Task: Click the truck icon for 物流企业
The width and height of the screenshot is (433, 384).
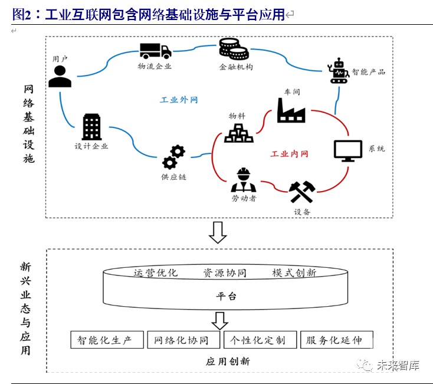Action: tap(156, 51)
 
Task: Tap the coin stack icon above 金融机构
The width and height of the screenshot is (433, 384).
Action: tap(234, 49)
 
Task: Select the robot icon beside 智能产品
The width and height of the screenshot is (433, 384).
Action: tap(338, 71)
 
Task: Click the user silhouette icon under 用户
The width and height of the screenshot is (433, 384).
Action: tap(60, 77)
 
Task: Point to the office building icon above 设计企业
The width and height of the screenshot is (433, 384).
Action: tap(91, 127)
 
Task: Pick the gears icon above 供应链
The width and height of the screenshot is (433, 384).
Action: tap(173, 157)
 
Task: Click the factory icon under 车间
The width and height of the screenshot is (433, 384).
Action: tap(291, 110)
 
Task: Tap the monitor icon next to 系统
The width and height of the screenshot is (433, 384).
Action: tap(348, 151)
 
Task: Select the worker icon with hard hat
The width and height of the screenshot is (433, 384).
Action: tap(244, 180)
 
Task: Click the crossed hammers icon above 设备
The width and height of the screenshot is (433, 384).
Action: tap(302, 192)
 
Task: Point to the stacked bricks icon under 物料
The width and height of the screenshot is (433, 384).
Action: tap(238, 133)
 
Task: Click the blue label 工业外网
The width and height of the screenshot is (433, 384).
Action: tap(179, 100)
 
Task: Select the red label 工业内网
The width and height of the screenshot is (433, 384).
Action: tap(289, 154)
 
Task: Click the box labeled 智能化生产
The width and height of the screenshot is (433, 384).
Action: tap(107, 340)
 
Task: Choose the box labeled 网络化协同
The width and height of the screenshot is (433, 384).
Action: tap(183, 340)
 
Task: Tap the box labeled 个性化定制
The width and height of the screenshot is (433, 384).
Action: tap(260, 340)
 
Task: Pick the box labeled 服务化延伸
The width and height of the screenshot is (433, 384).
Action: tap(337, 340)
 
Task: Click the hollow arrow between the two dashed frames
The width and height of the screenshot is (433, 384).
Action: tap(218, 232)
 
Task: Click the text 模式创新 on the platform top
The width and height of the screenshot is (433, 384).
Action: tap(294, 273)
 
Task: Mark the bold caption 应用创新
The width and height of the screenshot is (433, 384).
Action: tap(228, 362)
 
